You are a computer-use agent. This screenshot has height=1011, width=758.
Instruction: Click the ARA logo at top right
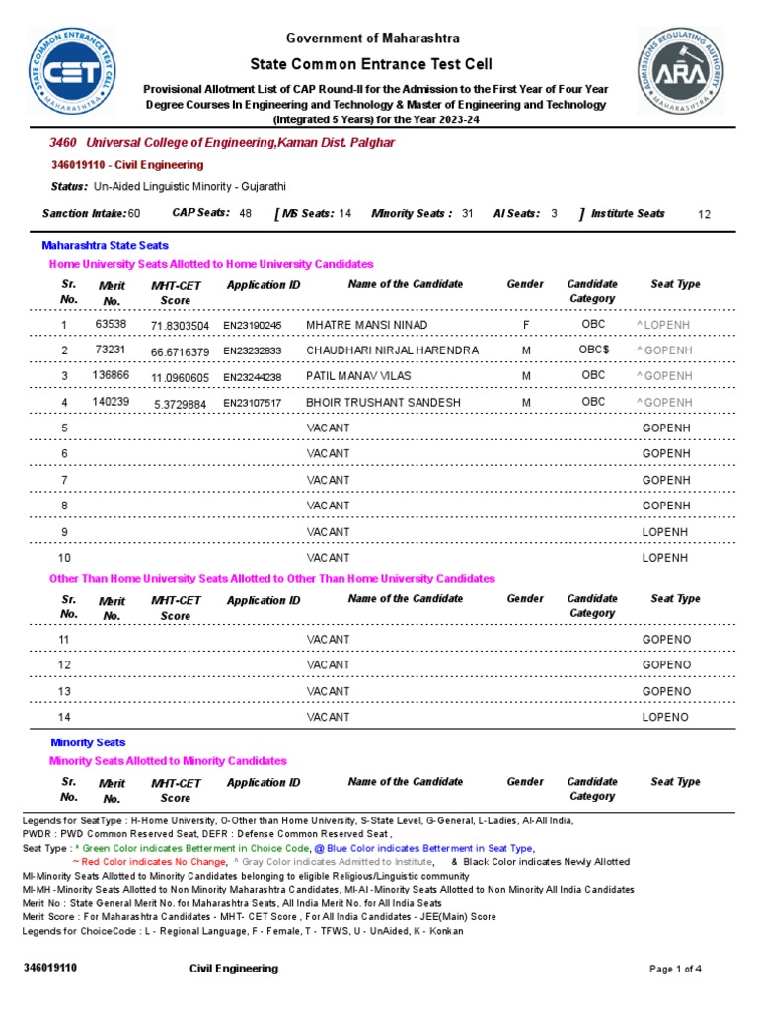point(680,70)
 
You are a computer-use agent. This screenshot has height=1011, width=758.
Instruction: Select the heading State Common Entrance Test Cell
point(372,64)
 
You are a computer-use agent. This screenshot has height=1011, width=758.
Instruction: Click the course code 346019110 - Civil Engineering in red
point(126,165)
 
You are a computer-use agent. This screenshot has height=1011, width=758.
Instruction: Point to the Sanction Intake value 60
point(134,213)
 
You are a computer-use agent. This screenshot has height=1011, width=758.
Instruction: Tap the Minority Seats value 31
point(468,213)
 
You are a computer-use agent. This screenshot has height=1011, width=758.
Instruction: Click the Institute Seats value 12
point(704,214)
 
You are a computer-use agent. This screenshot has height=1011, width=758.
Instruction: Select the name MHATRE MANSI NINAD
point(367,325)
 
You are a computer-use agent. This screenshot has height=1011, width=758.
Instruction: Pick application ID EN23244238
point(252,377)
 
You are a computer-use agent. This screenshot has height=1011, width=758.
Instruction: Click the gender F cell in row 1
point(526,324)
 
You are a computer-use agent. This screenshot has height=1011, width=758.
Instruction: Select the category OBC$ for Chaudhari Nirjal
point(593,350)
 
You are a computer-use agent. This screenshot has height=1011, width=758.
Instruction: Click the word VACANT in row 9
point(328,532)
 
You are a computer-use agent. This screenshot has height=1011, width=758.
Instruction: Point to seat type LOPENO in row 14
point(665,717)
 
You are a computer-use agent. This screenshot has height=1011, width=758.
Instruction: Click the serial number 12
point(65,665)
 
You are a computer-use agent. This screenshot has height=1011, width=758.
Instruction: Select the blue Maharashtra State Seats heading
point(105,245)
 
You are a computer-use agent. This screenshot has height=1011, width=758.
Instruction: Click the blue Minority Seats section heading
point(88,742)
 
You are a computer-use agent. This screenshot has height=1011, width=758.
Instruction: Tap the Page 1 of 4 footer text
point(675,969)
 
